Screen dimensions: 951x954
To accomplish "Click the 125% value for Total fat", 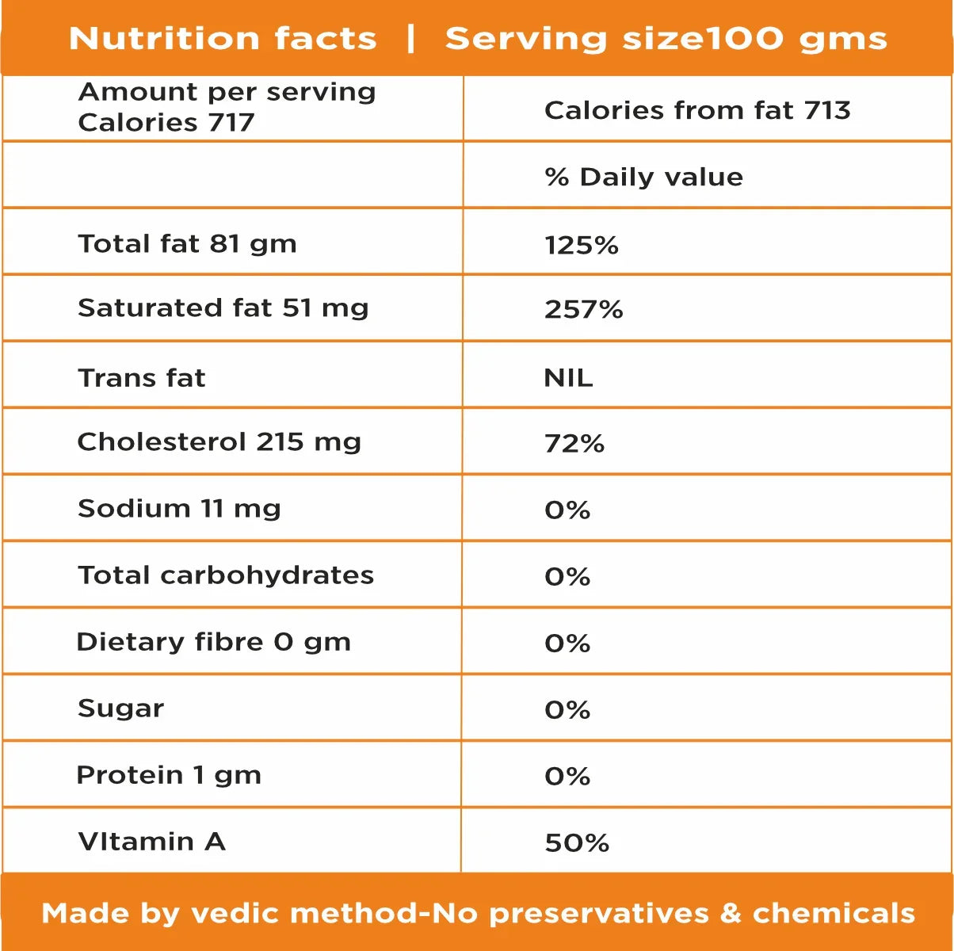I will point(582,245).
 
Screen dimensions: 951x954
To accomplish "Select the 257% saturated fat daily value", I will point(583,309).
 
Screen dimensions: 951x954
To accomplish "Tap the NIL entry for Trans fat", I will point(568,377).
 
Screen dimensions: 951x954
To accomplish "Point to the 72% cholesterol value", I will point(574,443).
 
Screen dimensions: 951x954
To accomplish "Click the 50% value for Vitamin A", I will point(577,842).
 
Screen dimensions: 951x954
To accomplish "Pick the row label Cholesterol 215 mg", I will point(219,441).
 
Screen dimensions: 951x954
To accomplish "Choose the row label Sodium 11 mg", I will point(179,508).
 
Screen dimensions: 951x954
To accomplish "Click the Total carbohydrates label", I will point(226,575).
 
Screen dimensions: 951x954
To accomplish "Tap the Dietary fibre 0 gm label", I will point(214,641).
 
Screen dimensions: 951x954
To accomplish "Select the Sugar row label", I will point(121,708).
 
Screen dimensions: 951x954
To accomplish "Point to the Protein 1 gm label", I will point(169,774).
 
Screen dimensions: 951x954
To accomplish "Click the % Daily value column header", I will point(643,177).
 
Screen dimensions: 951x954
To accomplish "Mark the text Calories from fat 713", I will point(697,110).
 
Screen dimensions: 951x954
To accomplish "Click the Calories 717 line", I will point(166,123).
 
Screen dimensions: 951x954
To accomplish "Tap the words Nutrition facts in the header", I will point(223,38).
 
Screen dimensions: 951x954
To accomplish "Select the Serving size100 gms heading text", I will point(666,38).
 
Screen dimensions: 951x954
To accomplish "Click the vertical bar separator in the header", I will point(410,37).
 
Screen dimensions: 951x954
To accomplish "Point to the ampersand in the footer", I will point(731,913).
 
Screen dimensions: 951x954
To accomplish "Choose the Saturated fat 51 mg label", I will point(223,307).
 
